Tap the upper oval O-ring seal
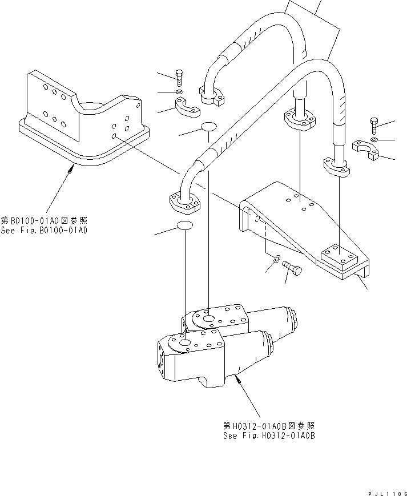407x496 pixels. click(208, 126)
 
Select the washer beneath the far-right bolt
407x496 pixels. click(373, 139)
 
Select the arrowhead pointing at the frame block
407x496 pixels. click(72, 166)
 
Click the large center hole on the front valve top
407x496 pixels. click(185, 342)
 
